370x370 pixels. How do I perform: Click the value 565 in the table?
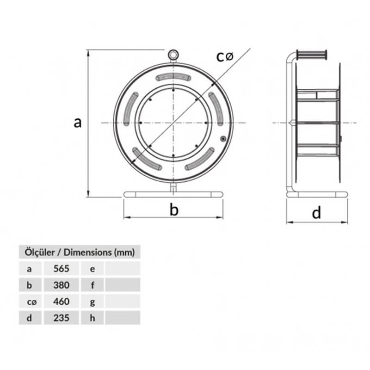coord(61,269)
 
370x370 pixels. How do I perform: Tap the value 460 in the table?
coord(61,302)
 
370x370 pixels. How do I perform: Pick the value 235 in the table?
coord(61,318)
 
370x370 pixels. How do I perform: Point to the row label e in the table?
coord(92,269)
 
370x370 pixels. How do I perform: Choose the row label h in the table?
coord(92,318)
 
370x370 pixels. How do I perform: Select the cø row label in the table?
coord(30,302)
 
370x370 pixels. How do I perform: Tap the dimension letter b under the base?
coord(173,210)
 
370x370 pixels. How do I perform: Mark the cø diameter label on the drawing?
coord(225,56)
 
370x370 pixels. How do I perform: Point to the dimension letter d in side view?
coord(316,213)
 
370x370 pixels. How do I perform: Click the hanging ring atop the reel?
coord(173,55)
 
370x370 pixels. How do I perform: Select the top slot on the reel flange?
coord(173,77)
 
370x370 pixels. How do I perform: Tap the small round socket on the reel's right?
coord(223,138)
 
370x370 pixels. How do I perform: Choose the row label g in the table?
coord(92,302)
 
